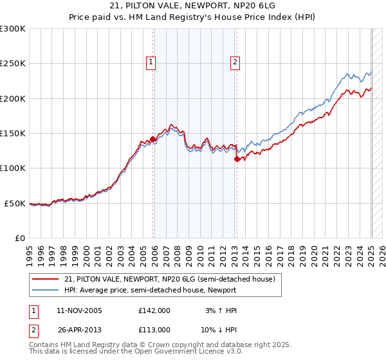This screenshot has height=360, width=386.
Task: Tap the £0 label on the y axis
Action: coord(20,238)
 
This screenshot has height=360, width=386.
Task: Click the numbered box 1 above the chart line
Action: coord(151,62)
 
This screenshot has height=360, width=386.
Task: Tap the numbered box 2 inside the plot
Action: coord(235,62)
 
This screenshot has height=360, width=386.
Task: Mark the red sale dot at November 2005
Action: coord(153,139)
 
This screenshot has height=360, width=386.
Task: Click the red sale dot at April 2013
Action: coord(237,159)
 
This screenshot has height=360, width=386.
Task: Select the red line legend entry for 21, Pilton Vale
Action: coord(170,279)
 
